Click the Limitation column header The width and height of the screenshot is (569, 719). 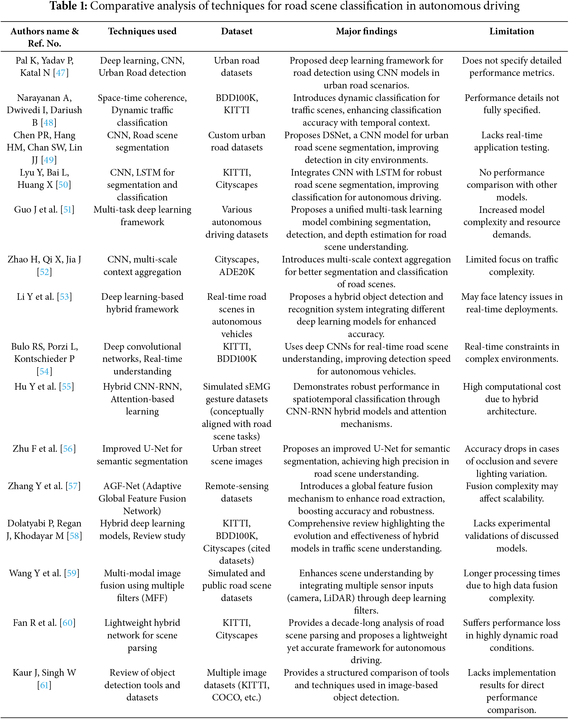click(x=511, y=31)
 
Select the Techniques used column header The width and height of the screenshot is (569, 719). click(x=142, y=31)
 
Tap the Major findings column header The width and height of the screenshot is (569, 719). click(x=366, y=31)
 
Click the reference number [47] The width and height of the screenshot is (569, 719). click(x=61, y=73)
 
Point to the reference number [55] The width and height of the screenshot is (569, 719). click(x=66, y=386)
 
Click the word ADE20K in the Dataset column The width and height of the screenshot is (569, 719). click(x=236, y=272)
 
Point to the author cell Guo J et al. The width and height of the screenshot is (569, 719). click(x=36, y=209)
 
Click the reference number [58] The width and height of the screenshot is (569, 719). click(x=74, y=536)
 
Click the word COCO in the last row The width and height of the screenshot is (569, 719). click(x=225, y=697)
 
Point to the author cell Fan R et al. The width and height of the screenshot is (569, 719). click(x=35, y=623)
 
